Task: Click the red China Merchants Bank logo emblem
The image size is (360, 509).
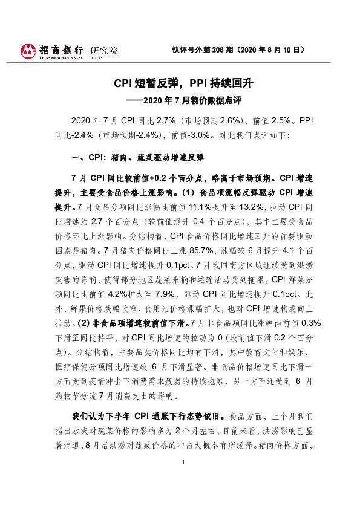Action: point(28,51)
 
